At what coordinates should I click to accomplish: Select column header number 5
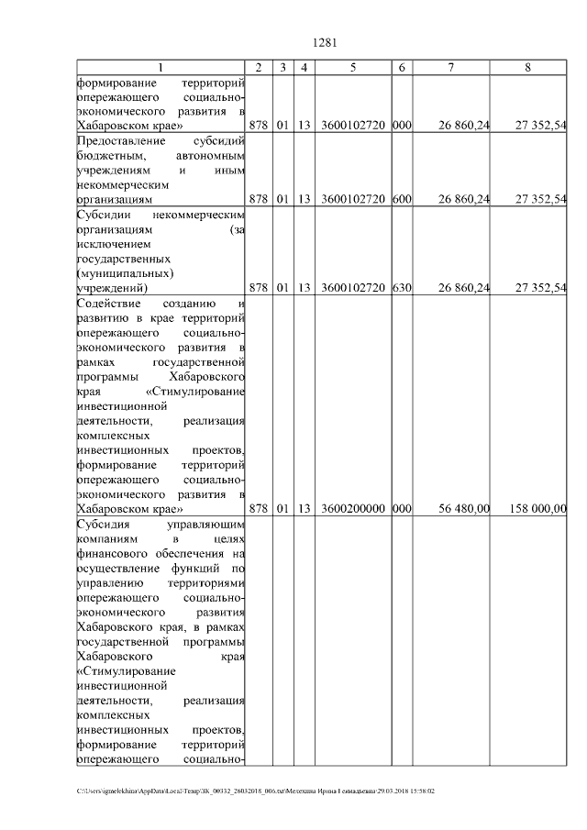click(353, 68)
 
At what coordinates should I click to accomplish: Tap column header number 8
click(527, 68)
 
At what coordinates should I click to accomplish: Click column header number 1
click(161, 68)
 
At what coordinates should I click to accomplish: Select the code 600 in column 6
click(401, 198)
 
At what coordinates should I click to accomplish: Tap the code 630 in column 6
click(401, 288)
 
